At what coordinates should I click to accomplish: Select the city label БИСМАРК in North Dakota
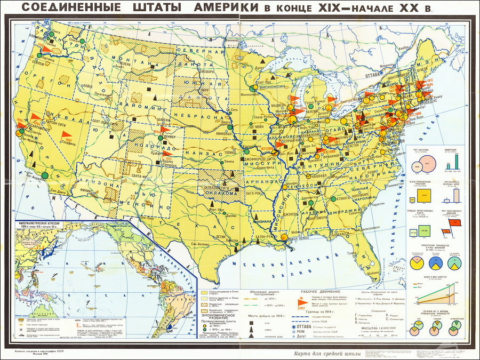point(193,70)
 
